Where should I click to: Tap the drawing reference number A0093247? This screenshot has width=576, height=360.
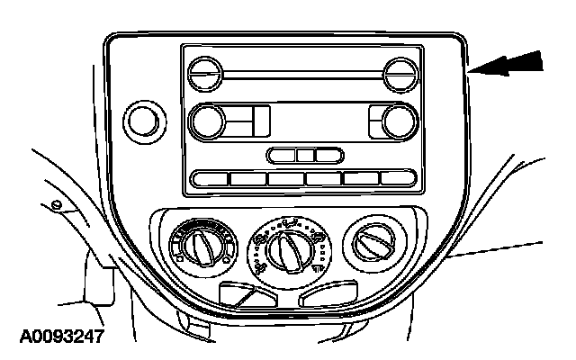[60, 338]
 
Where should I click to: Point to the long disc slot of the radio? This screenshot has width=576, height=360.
[301, 72]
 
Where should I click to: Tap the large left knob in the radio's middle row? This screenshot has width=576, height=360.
[209, 120]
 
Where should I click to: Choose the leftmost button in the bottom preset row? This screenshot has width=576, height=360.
[209, 178]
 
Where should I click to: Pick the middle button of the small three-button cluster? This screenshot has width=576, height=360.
[306, 156]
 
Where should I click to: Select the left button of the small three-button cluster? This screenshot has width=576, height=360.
[283, 156]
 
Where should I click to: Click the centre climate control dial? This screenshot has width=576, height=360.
[288, 246]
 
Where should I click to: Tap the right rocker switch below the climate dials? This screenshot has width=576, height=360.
[328, 294]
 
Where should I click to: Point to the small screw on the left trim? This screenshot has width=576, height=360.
[58, 206]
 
